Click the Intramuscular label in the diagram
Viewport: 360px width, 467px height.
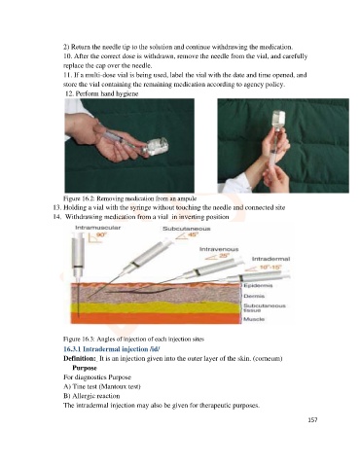tap(98, 228)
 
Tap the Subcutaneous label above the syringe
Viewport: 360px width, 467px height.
tap(187, 229)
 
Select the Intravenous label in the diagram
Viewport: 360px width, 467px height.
tap(219, 249)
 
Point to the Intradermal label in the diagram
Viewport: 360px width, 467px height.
tap(270, 259)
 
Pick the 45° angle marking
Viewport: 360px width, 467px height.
tap(187, 235)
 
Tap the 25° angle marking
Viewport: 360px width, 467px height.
tap(218, 257)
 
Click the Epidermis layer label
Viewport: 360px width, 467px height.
tap(258, 285)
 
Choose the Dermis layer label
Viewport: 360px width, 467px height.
tap(254, 296)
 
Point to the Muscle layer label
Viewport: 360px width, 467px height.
tap(254, 319)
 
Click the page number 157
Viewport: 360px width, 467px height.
tap(312, 420)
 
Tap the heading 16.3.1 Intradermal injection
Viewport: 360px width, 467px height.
tap(112, 349)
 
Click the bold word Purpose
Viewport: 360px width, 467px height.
tap(85, 368)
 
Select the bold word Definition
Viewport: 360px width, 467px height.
tap(80, 358)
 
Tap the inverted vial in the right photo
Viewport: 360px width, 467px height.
tap(278, 121)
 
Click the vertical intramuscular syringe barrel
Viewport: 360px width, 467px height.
tap(78, 256)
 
